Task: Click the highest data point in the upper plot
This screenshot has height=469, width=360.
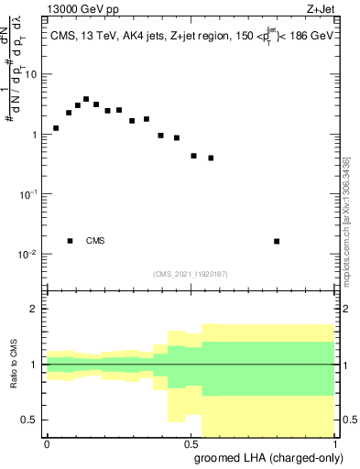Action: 86,99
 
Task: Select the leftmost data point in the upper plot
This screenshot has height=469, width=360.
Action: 56,128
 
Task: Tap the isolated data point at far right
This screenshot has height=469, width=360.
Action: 277,241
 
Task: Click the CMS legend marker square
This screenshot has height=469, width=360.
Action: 71,241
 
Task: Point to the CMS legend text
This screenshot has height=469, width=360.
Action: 95,241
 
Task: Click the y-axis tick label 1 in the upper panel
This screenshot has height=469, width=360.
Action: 35,135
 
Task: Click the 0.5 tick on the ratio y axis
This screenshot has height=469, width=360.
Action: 30,420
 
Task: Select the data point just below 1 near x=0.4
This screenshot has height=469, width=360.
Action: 161,136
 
